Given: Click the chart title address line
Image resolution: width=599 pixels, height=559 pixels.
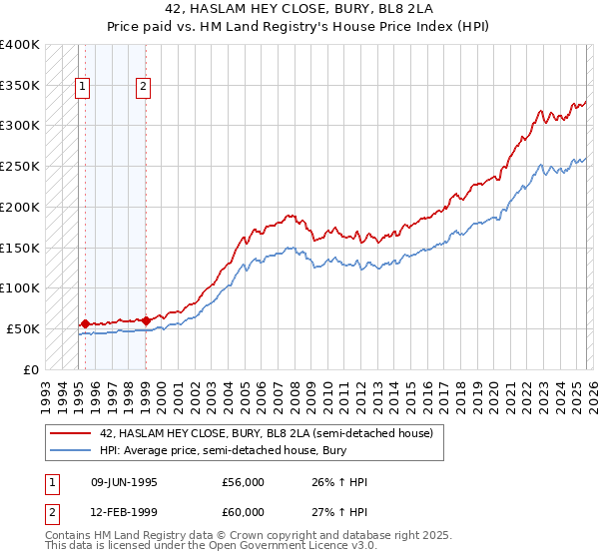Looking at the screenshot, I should pos(299,9).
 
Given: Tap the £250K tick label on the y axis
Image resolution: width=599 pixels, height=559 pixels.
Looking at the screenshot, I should pos(19,166).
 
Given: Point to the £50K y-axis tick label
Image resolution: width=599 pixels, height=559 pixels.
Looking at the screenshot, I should pos(23,328).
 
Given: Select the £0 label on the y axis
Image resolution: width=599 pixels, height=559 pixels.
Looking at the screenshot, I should pos(31,369).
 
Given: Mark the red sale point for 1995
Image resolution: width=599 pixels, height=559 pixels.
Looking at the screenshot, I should pos(85,323).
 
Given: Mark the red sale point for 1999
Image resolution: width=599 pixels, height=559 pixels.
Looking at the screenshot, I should pos(146,320).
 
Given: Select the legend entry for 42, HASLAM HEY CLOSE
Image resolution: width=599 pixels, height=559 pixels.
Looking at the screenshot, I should pos(266,433).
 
